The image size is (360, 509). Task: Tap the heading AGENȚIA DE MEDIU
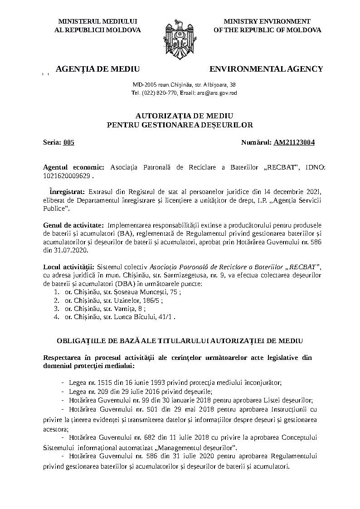(x=97, y=69)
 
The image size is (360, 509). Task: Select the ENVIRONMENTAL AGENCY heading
(x=266, y=69)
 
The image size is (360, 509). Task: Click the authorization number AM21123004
(x=294, y=142)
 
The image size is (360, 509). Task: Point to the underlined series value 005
(x=69, y=142)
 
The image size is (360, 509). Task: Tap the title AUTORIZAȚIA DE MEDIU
(x=180, y=116)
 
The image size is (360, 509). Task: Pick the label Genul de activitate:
(x=73, y=225)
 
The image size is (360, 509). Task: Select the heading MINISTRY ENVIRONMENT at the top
(x=267, y=21)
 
